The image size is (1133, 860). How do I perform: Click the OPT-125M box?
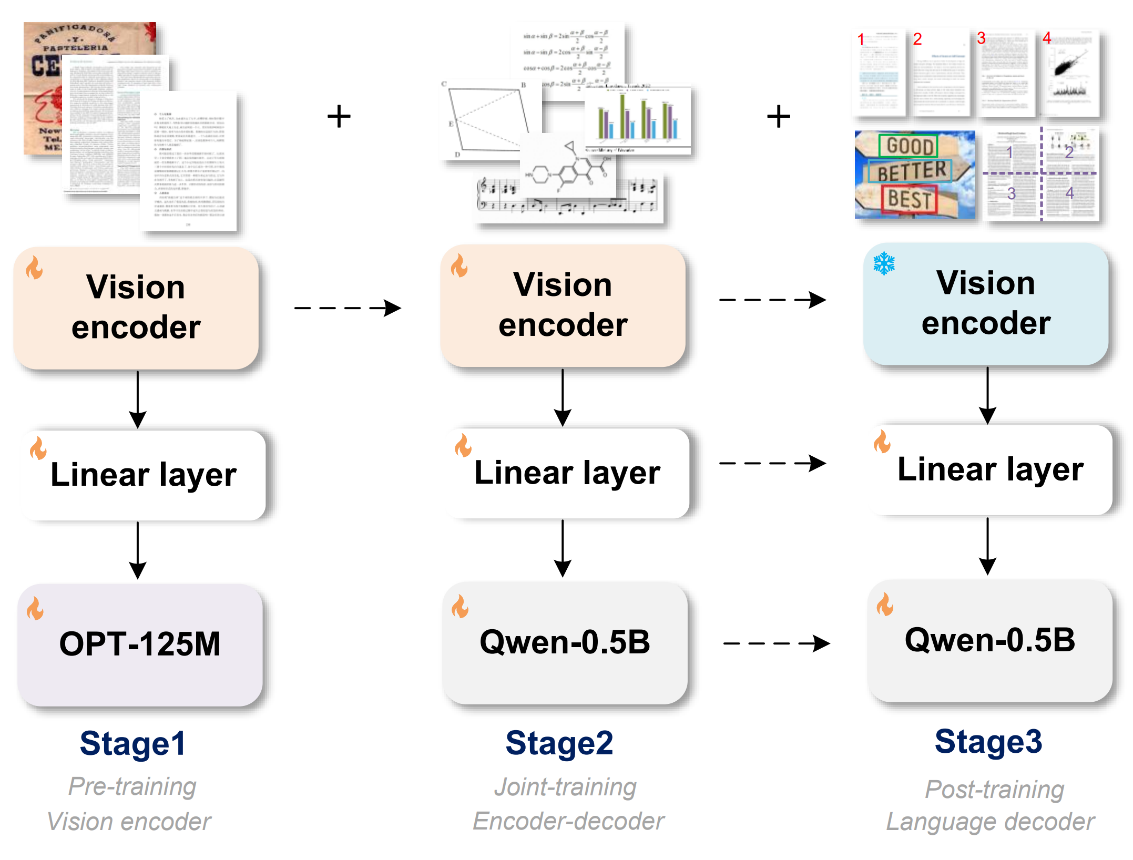pos(140,644)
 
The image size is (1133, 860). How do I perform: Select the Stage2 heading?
pos(559,743)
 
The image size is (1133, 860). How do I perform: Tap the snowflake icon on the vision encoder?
pos(884,263)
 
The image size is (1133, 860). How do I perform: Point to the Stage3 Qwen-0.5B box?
pos(989,640)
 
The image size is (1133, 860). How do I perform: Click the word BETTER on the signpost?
pos(911,171)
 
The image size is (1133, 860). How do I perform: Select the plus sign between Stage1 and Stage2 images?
pos(339,116)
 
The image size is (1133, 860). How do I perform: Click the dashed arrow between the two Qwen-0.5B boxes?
pos(776,643)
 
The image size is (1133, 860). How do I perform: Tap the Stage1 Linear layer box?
pos(143,475)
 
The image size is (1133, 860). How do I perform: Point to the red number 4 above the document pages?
pos(1047,38)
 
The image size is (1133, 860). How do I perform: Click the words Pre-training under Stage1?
pos(132,786)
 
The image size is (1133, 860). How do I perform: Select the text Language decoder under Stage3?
pos(990,822)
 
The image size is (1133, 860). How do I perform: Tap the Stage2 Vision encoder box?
pos(563,305)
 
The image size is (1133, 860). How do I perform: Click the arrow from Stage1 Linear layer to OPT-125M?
pos(138,549)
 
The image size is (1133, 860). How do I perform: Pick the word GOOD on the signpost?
pos(909,146)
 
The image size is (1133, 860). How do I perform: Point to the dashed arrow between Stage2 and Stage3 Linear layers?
pos(772,463)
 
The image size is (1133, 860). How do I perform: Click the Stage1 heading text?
pos(132,743)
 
